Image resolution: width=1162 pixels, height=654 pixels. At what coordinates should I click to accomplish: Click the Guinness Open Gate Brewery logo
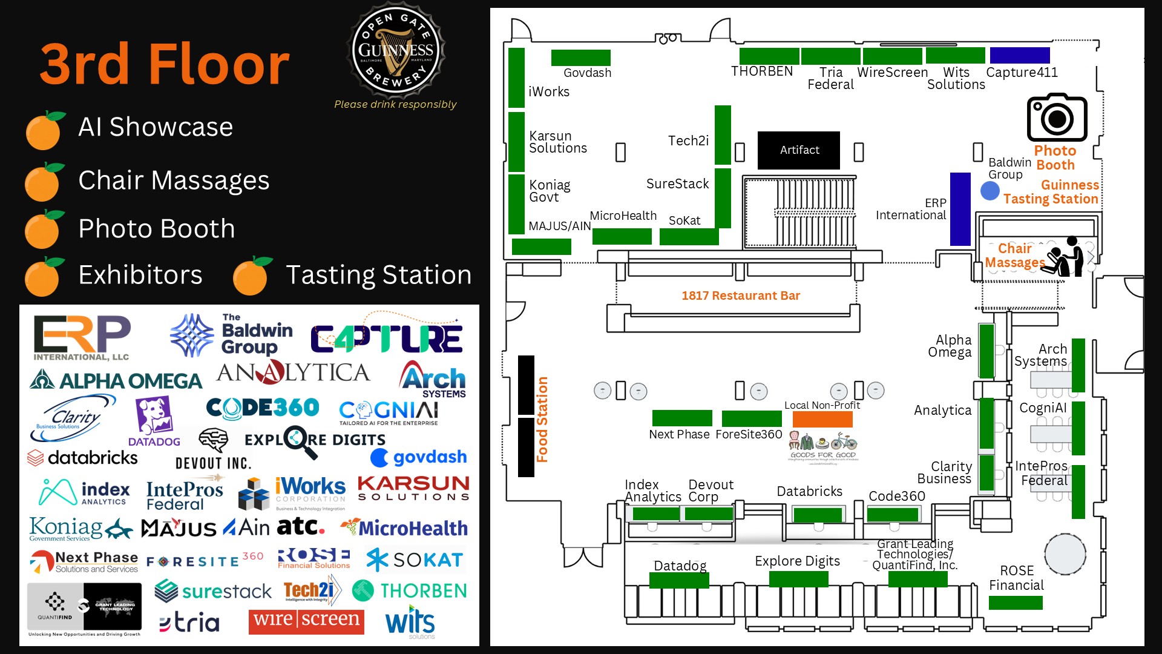point(396,50)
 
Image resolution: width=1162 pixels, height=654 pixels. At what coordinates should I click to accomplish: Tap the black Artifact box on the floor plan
point(799,150)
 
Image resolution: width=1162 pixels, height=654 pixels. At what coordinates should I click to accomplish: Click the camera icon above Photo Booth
point(1057,117)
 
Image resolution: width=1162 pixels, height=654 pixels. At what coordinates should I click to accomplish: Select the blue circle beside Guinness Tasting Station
point(990,191)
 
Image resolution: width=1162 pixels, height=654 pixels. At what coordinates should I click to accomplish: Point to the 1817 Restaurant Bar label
point(740,296)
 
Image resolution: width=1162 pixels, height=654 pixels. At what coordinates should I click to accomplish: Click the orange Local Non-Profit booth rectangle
point(822,419)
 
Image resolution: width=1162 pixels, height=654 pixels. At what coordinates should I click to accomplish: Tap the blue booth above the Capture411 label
point(1020,55)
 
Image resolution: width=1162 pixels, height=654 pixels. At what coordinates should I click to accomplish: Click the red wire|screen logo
point(306,621)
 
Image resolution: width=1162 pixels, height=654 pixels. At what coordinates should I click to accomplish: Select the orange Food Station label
point(542,419)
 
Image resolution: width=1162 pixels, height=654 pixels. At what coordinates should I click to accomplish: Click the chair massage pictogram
point(1067,257)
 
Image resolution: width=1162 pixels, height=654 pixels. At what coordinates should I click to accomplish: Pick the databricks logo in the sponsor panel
point(83,458)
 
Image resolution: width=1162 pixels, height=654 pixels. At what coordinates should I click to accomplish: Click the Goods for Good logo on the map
point(823,447)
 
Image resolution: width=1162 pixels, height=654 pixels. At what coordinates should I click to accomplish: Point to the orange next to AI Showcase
point(44,130)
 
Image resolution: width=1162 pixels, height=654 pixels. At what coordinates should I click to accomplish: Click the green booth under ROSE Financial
point(1016,603)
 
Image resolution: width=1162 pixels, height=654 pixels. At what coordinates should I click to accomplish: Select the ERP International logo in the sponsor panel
point(82,337)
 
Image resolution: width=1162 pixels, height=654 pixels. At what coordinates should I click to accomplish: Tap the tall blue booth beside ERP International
point(960,209)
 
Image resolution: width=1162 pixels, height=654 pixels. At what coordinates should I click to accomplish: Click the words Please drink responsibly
point(395,104)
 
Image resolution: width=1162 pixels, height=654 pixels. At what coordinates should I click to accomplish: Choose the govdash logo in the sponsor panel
point(419,457)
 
